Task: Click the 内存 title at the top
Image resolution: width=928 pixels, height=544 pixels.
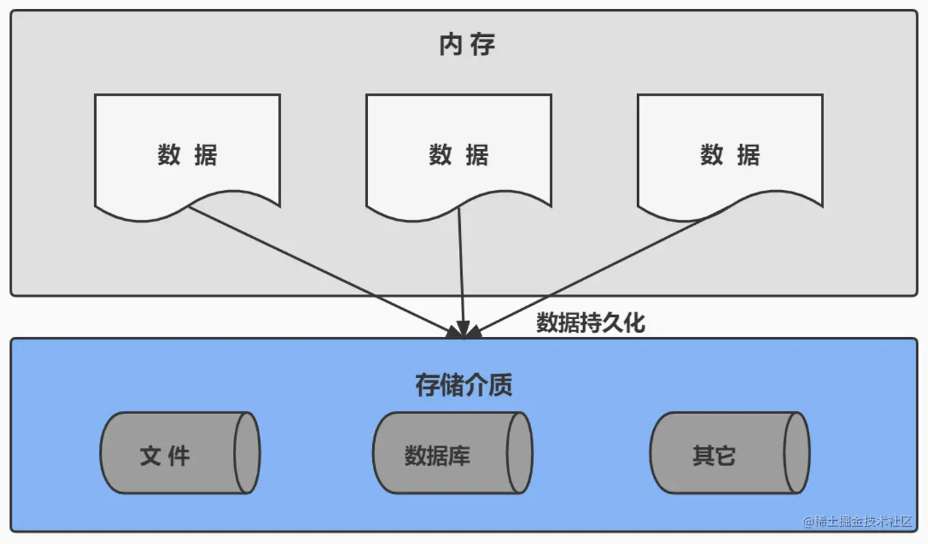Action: click(x=467, y=45)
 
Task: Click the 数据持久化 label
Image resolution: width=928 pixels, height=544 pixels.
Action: click(x=590, y=323)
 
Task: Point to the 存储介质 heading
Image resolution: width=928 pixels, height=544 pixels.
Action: click(x=464, y=385)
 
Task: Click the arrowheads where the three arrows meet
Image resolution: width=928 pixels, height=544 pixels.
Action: click(x=464, y=332)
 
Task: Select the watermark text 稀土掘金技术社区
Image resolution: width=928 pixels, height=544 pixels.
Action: click(x=858, y=521)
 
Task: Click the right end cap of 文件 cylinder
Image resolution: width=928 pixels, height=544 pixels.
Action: click(x=247, y=452)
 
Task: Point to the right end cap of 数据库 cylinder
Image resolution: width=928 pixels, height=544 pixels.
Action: click(x=520, y=452)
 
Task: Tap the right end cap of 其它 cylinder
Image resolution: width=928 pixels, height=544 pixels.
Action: click(x=796, y=452)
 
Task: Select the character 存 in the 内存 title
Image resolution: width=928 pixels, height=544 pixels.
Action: click(x=483, y=45)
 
